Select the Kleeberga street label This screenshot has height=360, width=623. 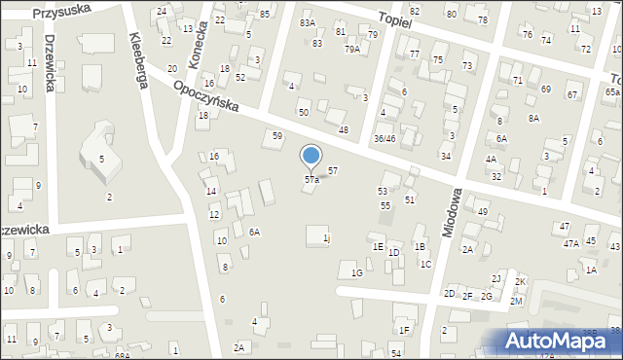point(137,60)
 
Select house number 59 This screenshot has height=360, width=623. point(277,136)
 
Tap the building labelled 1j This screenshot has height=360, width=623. point(326,238)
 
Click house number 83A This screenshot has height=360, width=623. point(308,22)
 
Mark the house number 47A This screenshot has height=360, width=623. point(570,243)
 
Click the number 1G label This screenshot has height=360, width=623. point(357,273)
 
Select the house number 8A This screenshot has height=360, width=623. point(533,118)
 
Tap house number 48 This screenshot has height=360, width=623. point(343,130)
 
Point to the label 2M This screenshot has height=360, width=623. point(516,302)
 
